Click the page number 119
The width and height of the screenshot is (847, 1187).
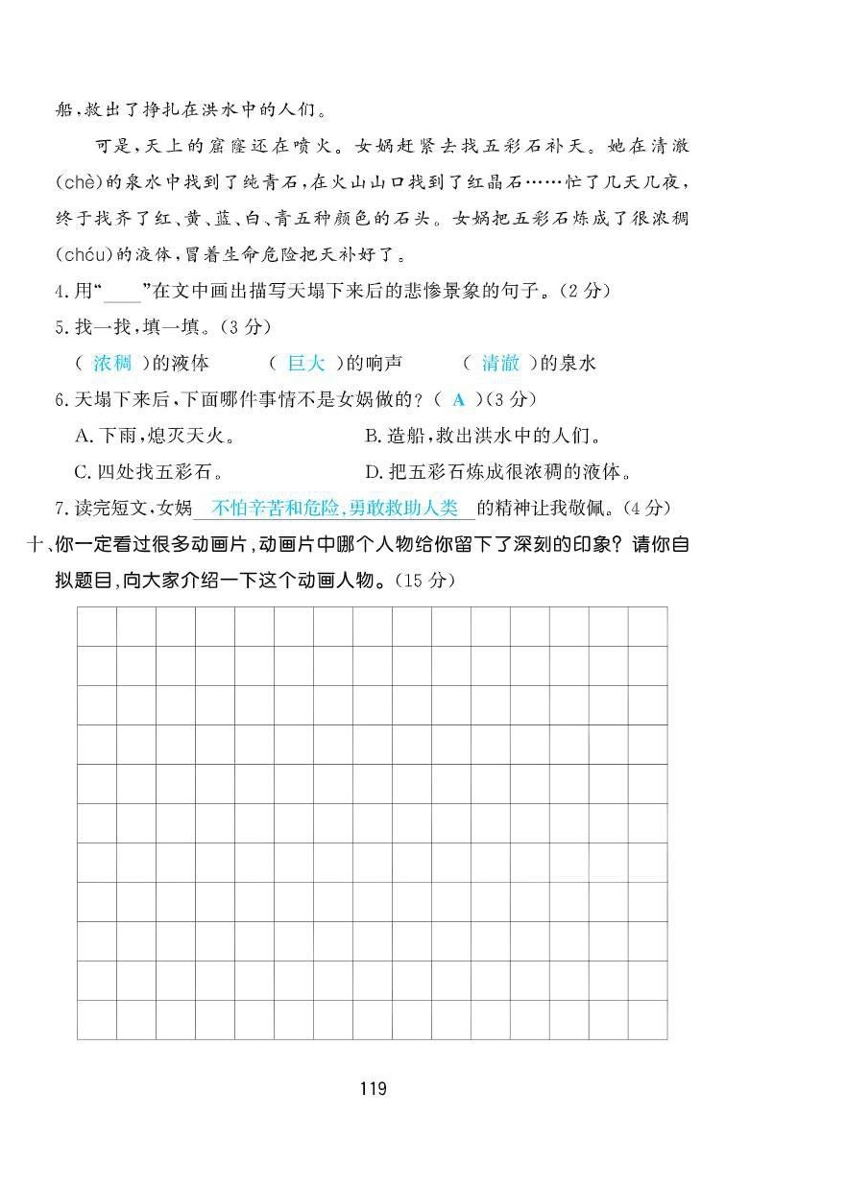pyautogui.click(x=373, y=1088)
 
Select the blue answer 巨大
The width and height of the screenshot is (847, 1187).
pyautogui.click(x=307, y=363)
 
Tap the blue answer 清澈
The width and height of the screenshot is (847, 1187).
pyautogui.click(x=500, y=363)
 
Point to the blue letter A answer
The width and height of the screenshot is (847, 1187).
pyautogui.click(x=458, y=399)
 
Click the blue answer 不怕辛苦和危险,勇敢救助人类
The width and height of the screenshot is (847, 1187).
pyautogui.click(x=336, y=508)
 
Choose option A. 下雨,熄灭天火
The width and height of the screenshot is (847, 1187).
pyautogui.click(x=155, y=436)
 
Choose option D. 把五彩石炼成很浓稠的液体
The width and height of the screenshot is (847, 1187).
pyautogui.click(x=498, y=471)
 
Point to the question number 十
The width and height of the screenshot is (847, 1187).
pyautogui.click(x=36, y=545)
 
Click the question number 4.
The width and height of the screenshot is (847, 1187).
pyautogui.click(x=60, y=291)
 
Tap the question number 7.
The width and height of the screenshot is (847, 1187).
pyautogui.click(x=60, y=508)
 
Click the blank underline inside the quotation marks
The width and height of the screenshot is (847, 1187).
pyautogui.click(x=121, y=293)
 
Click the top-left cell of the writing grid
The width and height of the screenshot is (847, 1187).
pyautogui.click(x=96, y=626)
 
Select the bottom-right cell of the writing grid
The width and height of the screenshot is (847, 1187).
pyautogui.click(x=647, y=1019)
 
